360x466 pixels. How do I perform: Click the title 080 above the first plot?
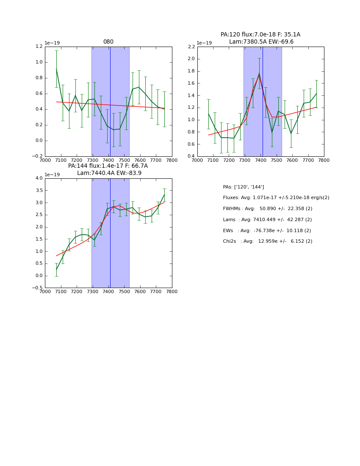click(108, 42)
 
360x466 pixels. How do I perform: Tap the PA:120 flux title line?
click(260, 35)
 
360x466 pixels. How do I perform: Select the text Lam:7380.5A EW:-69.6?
click(261, 42)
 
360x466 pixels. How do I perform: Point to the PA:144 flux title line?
click(108, 166)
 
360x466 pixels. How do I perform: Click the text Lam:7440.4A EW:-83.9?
click(109, 173)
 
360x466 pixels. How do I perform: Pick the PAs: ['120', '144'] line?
click(243, 187)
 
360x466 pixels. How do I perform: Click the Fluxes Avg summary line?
click(276, 198)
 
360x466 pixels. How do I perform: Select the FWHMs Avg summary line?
click(267, 209)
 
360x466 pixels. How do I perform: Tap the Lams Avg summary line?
click(267, 220)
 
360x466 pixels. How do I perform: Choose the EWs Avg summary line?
click(267, 231)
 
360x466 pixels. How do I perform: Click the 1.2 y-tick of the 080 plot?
click(39, 47)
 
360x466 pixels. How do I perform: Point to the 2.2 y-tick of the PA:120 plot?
click(191, 47)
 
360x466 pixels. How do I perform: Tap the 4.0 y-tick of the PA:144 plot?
click(39, 178)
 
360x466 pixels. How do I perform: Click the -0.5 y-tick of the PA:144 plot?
click(37, 288)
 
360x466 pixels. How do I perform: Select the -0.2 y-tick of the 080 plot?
click(37, 156)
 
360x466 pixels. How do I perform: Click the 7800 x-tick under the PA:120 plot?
click(324, 160)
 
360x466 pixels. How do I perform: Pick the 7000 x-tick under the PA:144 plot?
click(45, 292)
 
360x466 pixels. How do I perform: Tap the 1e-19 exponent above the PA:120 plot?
click(205, 43)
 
